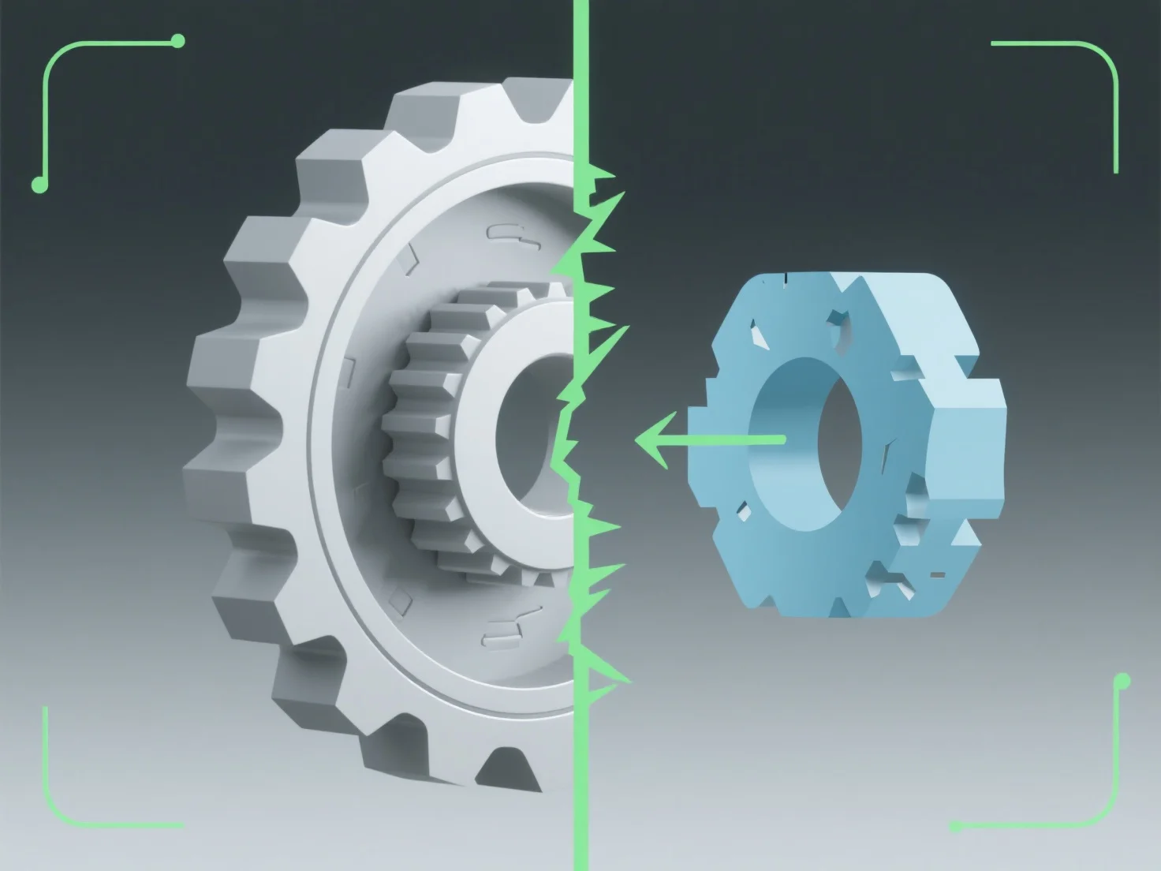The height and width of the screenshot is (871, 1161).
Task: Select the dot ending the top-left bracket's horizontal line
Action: point(177,40)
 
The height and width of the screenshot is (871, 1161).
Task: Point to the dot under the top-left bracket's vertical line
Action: point(37,185)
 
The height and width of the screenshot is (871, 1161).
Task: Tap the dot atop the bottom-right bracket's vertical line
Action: point(1122,681)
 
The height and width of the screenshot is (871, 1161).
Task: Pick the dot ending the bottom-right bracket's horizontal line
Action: point(957,827)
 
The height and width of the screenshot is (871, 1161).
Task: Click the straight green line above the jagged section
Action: point(581,79)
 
